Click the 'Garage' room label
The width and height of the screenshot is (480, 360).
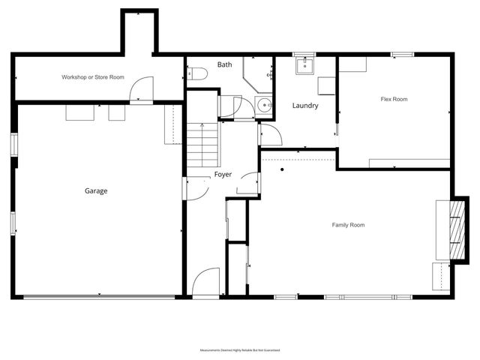pos(95,190)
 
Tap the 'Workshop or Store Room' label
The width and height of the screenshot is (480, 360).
pos(92,77)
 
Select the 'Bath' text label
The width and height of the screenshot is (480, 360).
pos(225,65)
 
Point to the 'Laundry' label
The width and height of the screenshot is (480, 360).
pos(305,106)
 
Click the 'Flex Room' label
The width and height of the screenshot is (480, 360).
pos(394,98)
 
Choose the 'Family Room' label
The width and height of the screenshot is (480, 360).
pos(348,225)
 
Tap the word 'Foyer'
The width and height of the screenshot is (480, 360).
pos(223,174)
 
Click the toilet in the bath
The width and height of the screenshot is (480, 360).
pos(196,73)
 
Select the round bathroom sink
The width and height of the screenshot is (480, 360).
pos(263,105)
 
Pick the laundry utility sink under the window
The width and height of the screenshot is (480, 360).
pos(304,67)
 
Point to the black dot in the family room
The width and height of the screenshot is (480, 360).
pos(281,169)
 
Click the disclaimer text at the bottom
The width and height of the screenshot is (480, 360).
pos(239,349)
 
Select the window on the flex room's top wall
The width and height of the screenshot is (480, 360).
pos(402,54)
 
